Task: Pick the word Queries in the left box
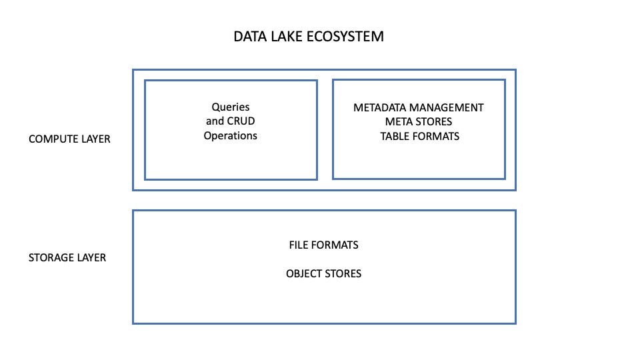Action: point(231,107)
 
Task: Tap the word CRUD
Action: point(240,121)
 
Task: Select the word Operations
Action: point(231,136)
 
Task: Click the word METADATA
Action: point(380,107)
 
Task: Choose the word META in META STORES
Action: point(400,121)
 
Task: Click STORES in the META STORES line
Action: point(435,121)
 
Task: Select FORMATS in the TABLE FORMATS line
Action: point(437,136)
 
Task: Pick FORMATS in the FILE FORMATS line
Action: point(337,245)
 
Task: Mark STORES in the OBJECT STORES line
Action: point(344,273)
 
